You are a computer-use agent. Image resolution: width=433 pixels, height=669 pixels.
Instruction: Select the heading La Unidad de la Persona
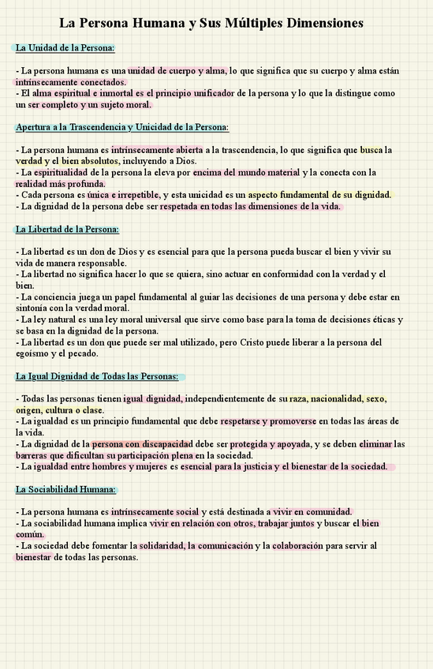(65, 49)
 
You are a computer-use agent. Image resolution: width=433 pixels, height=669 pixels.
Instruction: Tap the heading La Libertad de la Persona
(67, 230)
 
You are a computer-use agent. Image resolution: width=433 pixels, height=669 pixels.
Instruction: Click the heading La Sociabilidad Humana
(65, 489)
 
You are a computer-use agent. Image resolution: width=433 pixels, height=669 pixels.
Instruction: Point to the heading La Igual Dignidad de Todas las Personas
(97, 376)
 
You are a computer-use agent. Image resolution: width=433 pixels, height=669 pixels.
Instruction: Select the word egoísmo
(34, 353)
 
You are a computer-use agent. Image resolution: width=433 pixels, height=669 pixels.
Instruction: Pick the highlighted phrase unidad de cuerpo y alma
(177, 71)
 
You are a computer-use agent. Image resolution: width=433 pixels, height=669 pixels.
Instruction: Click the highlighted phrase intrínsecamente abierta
(157, 150)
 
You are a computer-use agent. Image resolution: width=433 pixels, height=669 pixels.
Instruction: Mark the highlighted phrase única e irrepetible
(125, 195)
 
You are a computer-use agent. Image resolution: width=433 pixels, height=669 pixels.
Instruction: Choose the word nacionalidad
(344, 399)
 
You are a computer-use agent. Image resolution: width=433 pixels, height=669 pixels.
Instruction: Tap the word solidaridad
(161, 546)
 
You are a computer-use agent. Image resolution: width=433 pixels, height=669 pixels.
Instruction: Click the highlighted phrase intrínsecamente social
(155, 512)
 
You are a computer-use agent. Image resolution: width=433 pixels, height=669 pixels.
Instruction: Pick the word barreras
(32, 455)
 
